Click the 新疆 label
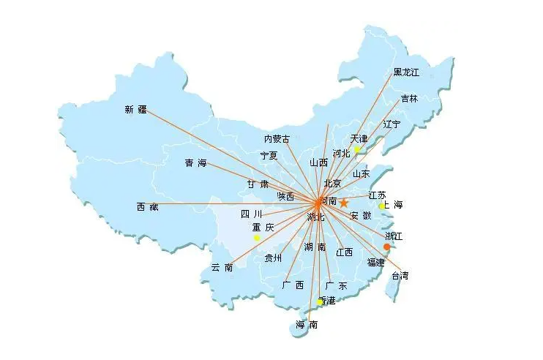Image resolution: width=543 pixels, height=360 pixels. [135, 110]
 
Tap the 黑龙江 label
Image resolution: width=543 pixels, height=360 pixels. [407, 72]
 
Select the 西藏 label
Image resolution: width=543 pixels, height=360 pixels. [147, 207]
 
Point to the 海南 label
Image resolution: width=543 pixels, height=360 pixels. [307, 325]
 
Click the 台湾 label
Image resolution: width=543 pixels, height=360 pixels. [400, 276]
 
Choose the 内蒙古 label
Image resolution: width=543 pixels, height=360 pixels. [277, 138]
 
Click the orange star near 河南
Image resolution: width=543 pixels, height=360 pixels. [344, 203]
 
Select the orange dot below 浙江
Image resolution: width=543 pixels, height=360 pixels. [387, 247]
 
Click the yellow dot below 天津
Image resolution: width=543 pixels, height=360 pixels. [357, 150]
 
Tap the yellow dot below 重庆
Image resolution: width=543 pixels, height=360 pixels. [257, 238]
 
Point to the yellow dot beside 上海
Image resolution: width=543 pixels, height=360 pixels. [381, 206]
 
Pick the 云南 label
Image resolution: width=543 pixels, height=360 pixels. [222, 267]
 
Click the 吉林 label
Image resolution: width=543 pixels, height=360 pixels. [409, 99]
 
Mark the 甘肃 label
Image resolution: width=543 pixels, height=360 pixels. [258, 184]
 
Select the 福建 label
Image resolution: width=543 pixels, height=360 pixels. [375, 262]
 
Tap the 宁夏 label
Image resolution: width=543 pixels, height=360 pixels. [269, 156]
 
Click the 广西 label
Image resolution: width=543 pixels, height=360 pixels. [293, 285]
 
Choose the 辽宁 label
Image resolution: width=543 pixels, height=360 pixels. [392, 124]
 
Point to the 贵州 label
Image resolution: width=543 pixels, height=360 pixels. [273, 258]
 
